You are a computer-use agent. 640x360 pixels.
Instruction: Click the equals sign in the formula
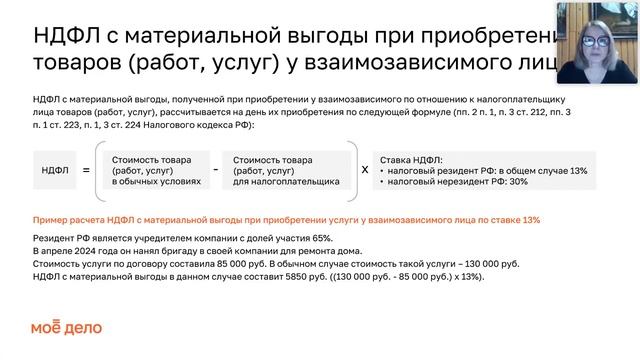[x=86, y=170]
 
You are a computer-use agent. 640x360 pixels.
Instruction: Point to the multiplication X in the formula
[x=364, y=170]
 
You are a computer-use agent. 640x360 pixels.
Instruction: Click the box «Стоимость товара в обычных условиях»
[x=152, y=170]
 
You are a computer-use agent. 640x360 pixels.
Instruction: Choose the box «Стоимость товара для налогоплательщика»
[x=285, y=170]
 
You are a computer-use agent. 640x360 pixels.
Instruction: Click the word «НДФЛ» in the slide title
[x=68, y=37]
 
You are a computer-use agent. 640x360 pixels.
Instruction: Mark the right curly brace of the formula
[x=350, y=170]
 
